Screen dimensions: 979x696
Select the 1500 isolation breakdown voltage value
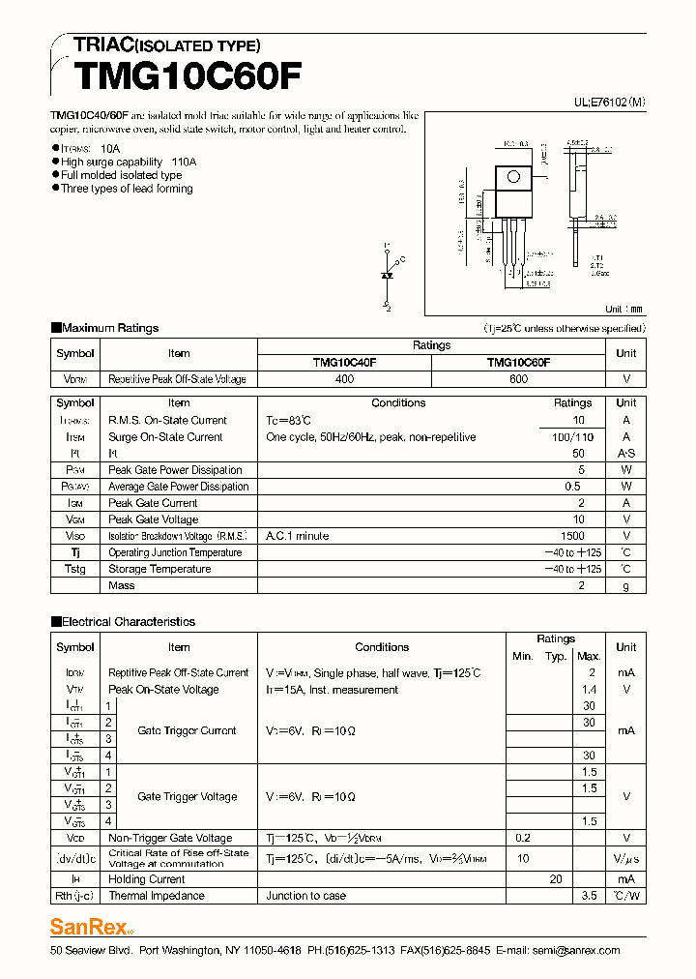(572, 536)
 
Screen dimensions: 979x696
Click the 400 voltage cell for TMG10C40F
(344, 379)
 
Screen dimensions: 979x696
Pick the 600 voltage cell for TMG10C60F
(518, 379)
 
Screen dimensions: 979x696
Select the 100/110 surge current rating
(572, 437)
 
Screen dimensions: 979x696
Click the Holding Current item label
(147, 879)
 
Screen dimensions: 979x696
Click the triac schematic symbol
(388, 276)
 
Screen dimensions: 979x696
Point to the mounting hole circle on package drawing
(513, 177)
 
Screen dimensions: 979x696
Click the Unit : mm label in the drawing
(623, 309)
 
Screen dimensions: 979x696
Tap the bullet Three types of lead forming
(126, 189)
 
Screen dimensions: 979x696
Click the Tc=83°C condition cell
(289, 421)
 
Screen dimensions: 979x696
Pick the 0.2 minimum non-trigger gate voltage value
(523, 838)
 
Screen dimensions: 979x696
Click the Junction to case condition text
(305, 896)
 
